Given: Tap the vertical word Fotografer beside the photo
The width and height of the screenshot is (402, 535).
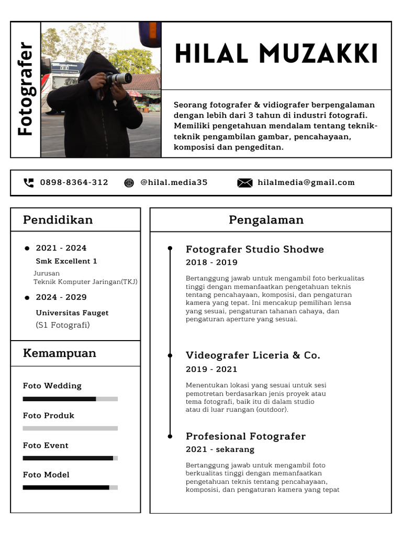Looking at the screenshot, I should [25, 89].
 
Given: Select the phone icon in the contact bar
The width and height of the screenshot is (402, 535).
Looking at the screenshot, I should [29, 182].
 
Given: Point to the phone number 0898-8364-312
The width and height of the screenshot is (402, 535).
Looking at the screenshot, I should [74, 182].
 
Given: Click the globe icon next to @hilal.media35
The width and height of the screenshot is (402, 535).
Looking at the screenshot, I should [129, 182].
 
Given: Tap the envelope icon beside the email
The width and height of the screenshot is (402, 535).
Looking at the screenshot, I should [244, 182].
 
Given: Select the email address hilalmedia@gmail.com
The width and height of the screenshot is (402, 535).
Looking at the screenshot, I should [306, 182].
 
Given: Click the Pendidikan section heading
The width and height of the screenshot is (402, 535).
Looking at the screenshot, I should [58, 220].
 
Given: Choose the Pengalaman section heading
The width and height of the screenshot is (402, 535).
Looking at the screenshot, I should [266, 220].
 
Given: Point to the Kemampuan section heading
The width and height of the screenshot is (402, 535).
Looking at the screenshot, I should [60, 353].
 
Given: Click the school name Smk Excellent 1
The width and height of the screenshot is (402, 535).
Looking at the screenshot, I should [66, 261].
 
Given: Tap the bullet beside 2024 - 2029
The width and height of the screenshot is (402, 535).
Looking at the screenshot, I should [27, 298].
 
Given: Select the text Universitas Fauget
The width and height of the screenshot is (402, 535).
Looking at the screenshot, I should [72, 313].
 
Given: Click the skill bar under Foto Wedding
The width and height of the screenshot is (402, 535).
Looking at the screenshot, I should [70, 399].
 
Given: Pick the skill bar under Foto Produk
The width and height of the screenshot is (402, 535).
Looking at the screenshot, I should [70, 428].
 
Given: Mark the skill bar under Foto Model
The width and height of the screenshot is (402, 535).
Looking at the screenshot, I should [70, 487].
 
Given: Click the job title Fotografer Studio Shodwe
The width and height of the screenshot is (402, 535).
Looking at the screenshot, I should [255, 249].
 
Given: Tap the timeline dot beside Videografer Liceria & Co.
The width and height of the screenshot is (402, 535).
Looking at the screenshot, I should [170, 355].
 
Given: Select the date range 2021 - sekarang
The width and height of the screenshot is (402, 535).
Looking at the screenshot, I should [220, 449].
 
